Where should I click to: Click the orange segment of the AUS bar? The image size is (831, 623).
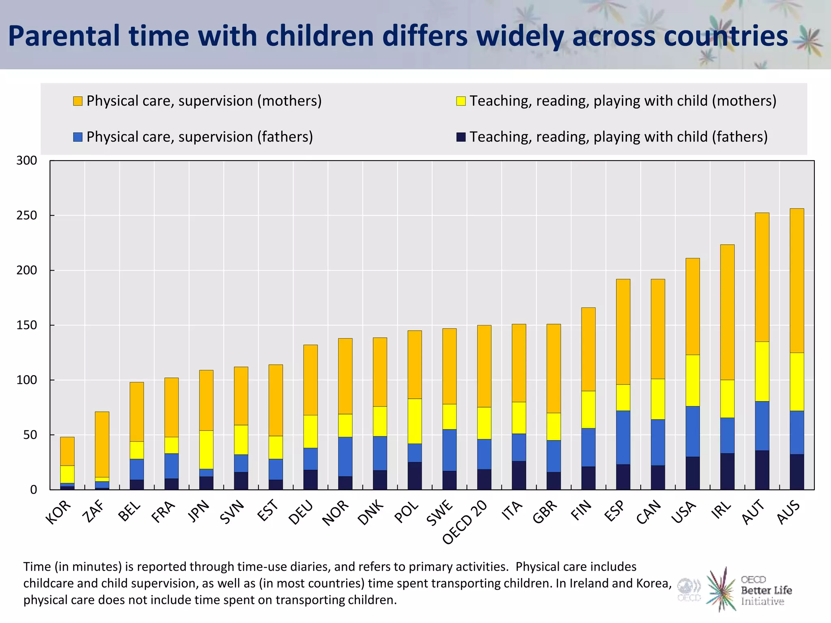coord(797,280)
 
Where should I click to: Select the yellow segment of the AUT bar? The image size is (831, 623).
coord(762,371)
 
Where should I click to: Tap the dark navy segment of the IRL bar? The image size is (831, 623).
coord(727,471)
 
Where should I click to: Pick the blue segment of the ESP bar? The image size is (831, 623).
coord(623,437)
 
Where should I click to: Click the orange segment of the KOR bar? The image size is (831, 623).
coord(67,451)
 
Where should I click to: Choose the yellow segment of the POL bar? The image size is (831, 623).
coord(415,421)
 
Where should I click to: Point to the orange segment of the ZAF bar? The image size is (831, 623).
coord(102,444)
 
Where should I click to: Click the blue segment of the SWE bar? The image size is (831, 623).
coord(449,450)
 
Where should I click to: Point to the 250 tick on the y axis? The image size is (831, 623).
coord(27,215)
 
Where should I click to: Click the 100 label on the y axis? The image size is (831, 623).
coord(27,380)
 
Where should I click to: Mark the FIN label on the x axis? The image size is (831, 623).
coord(581,510)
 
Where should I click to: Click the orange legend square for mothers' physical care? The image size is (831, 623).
coord(78,101)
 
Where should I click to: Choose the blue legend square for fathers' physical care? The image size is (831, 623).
coord(78,137)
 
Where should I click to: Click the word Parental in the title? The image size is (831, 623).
coord(65,36)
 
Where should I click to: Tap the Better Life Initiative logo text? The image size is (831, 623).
coord(766,591)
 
